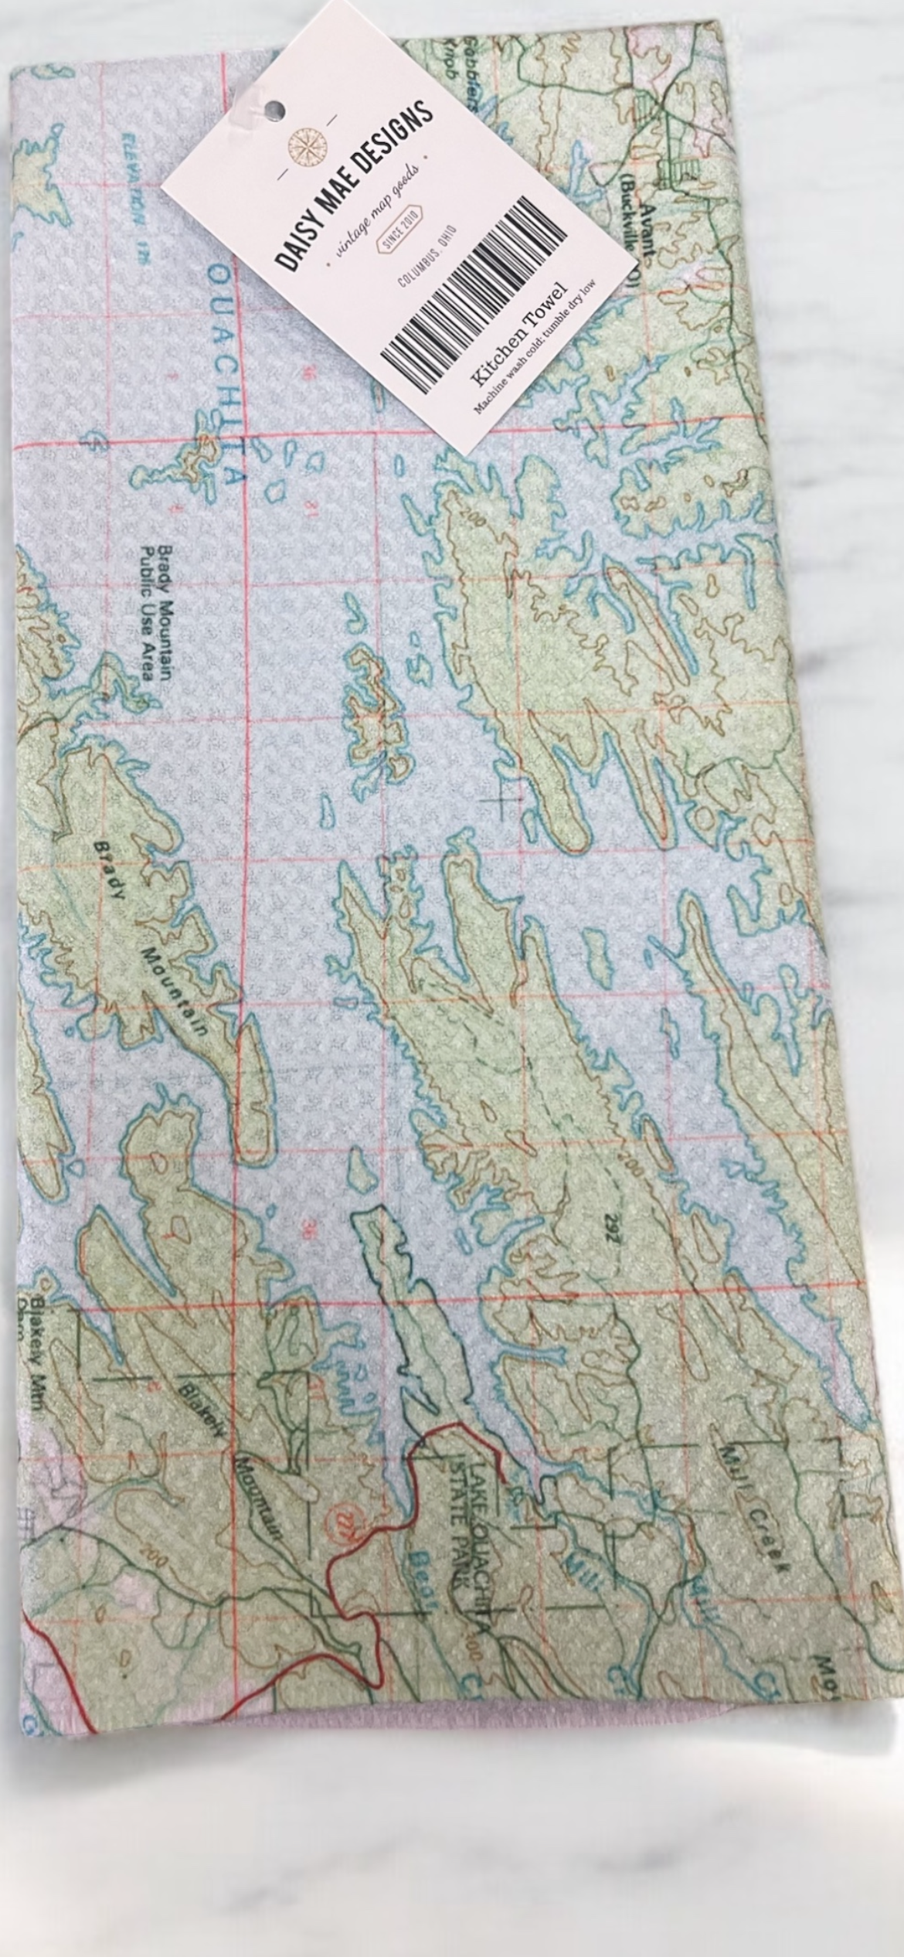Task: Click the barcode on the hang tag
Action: point(474,294)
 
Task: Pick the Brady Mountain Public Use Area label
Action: point(155,614)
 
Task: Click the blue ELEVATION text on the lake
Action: point(131,201)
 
